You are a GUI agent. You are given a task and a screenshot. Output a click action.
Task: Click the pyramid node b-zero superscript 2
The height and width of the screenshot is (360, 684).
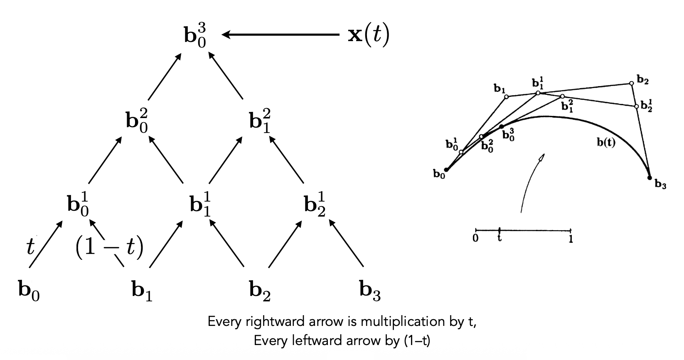[x=137, y=121]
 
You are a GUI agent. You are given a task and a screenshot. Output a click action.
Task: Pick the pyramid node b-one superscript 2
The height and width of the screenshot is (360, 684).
[x=260, y=121]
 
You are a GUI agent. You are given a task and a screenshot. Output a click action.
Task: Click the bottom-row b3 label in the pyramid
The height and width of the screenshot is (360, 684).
[x=369, y=290]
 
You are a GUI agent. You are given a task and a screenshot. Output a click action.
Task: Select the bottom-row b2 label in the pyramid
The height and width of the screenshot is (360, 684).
[x=260, y=290]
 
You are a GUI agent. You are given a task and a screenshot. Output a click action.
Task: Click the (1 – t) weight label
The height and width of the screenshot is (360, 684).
[x=109, y=247]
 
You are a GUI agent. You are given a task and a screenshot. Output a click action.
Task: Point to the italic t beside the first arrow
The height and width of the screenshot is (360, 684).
[x=30, y=247]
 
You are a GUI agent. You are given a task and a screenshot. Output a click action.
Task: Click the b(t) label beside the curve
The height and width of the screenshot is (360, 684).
[x=606, y=143]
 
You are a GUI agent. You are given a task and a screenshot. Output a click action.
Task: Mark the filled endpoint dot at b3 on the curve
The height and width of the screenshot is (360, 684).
[x=650, y=178]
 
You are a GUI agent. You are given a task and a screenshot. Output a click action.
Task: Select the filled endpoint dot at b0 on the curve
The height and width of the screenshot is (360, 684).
[x=446, y=170]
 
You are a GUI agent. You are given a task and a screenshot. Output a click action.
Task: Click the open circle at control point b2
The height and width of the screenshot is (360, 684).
[x=631, y=84]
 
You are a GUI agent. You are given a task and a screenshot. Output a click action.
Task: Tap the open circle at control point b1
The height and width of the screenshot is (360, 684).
[x=506, y=97]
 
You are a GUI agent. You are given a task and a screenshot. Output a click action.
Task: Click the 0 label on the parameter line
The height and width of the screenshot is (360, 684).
[x=475, y=239]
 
